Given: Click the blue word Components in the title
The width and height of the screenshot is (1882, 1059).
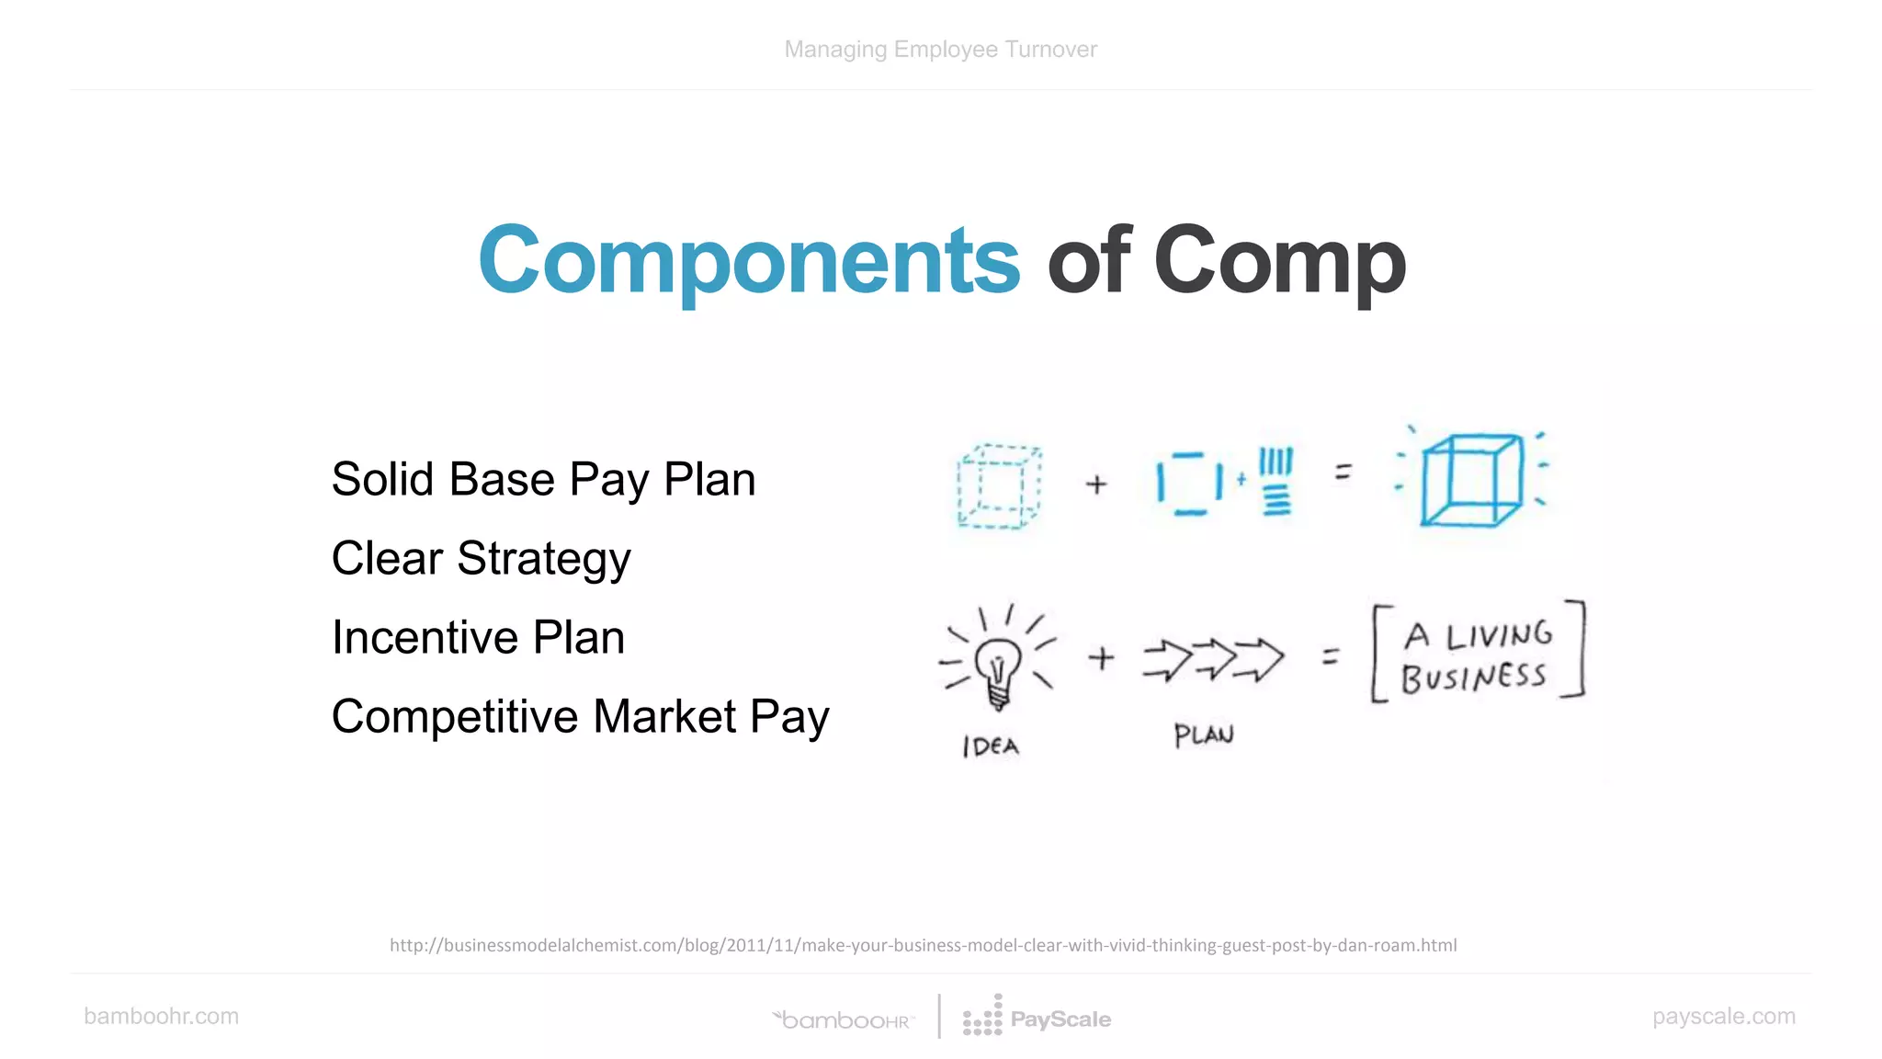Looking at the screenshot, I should click(748, 261).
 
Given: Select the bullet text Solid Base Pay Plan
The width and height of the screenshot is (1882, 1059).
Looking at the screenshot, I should click(543, 480).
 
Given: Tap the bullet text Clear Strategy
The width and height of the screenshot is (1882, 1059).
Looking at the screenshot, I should click(481, 559).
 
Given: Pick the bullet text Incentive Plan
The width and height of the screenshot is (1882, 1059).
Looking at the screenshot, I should click(478, 638).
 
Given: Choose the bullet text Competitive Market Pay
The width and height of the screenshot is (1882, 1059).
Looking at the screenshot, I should click(580, 717).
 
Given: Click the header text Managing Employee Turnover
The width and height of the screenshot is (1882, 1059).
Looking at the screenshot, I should click(940, 50).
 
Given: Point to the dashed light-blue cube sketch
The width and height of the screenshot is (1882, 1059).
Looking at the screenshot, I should click(999, 486).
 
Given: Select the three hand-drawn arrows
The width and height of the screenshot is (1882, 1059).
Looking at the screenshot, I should click(1213, 659).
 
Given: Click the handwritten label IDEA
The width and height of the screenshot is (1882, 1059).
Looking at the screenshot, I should click(991, 746).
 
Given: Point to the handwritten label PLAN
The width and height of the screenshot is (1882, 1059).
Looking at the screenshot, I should click(1204, 735).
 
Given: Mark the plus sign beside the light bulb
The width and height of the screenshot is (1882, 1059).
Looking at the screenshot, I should click(1101, 658).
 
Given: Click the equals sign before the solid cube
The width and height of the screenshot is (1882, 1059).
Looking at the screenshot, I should click(1343, 473).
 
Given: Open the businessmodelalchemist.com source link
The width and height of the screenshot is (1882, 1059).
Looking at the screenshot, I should click(923, 945).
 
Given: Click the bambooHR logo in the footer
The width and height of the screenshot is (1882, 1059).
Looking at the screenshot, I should click(844, 1019).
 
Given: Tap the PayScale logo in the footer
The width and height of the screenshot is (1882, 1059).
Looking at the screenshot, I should click(1037, 1018).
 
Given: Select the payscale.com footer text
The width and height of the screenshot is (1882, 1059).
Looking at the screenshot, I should click(1723, 1016).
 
